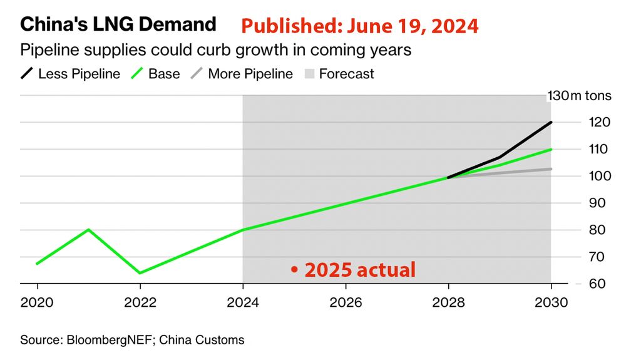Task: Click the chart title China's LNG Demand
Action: pyautogui.click(x=118, y=25)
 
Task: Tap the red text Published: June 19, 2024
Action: pyautogui.click(x=360, y=26)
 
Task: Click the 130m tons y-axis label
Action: pyautogui.click(x=573, y=96)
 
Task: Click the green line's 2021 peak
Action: pyautogui.click(x=88, y=229)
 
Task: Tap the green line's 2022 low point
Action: pyautogui.click(x=140, y=273)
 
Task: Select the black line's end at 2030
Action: pyautogui.click(x=551, y=122)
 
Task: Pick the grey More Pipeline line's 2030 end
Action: pyautogui.click(x=551, y=169)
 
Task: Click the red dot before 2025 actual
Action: pyautogui.click(x=293, y=270)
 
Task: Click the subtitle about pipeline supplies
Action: pyautogui.click(x=216, y=50)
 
